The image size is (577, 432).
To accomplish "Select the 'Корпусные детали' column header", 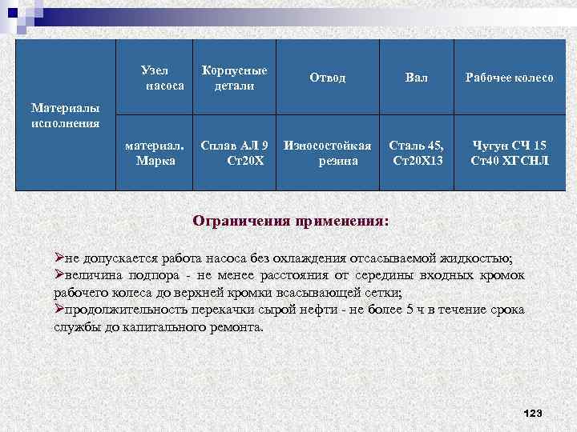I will pos(234,78).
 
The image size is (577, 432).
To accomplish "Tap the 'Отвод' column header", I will pos(327,78).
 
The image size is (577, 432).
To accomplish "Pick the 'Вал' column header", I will pos(416,78).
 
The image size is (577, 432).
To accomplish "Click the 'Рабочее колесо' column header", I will pos(509,78).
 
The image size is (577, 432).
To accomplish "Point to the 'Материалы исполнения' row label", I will pos(66,114).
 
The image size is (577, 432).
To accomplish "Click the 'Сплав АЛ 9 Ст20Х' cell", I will pos(234,152).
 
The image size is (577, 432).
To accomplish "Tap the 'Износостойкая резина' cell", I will pos(327,152).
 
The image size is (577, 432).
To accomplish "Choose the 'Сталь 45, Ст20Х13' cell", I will pos(416,152).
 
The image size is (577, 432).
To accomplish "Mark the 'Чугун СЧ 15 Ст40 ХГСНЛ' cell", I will pos(509,152).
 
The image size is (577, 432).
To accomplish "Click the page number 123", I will pos(532,413).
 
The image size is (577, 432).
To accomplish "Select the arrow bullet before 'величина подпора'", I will pos(59,275).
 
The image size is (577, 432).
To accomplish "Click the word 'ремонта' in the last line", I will pos(237,328).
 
